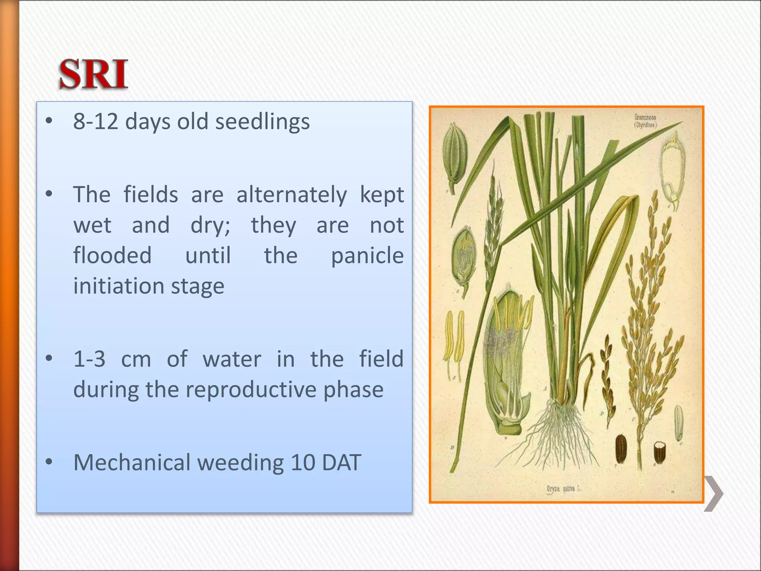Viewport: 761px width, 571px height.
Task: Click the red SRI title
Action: point(94,74)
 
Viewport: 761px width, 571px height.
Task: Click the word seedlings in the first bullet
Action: point(262,122)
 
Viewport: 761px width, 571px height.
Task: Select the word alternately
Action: point(292,195)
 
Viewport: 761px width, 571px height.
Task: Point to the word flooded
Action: point(112,256)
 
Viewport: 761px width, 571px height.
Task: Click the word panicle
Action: point(367,256)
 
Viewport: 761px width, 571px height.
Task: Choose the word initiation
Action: point(119,286)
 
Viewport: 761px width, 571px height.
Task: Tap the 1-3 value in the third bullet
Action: point(89,359)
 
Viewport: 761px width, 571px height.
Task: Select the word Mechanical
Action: point(132,462)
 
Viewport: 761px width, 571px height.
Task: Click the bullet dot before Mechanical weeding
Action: point(49,462)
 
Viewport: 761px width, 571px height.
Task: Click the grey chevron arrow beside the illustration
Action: point(713,493)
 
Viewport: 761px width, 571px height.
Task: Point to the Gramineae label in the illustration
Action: point(645,121)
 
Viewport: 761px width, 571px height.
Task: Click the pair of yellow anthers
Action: point(455,338)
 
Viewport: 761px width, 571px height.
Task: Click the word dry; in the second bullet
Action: point(210,225)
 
